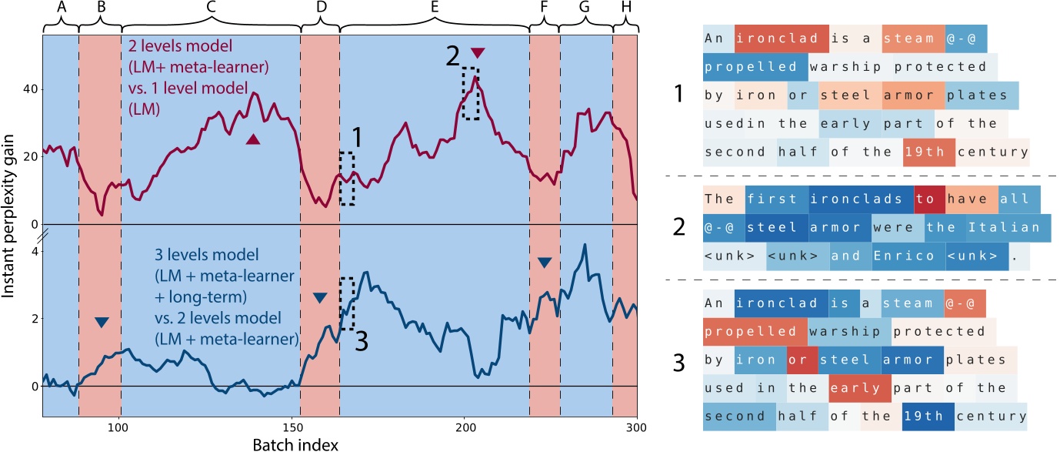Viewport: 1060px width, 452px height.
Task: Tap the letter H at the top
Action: tap(624, 7)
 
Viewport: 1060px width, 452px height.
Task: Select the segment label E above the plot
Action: tap(435, 7)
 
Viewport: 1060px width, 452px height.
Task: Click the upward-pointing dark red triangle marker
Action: tap(253, 139)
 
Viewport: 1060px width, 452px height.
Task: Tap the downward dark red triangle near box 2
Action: tap(478, 52)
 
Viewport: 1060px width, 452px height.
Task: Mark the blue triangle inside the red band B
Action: tap(102, 322)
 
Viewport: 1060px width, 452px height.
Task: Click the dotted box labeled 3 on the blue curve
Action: tap(347, 303)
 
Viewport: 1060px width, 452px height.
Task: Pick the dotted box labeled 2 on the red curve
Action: tap(470, 93)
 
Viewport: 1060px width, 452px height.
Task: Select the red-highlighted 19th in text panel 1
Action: tap(929, 152)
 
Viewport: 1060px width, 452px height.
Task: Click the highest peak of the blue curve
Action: tap(585, 245)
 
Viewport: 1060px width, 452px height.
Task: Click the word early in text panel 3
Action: tap(859, 388)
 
